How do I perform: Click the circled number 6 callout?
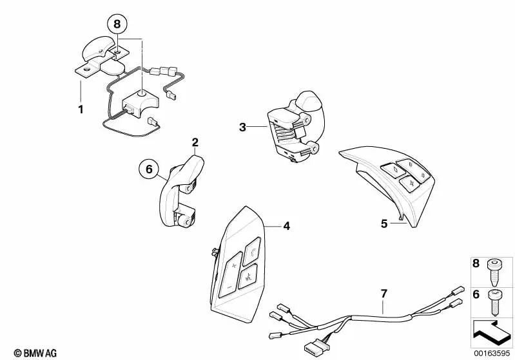148,170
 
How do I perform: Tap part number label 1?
81,109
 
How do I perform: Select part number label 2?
195,142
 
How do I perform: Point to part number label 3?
242,128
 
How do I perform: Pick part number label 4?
287,226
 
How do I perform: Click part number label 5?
384,224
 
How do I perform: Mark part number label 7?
384,294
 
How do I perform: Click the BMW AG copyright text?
30,352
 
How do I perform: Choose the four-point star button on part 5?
410,184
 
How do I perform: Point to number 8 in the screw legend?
476,264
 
